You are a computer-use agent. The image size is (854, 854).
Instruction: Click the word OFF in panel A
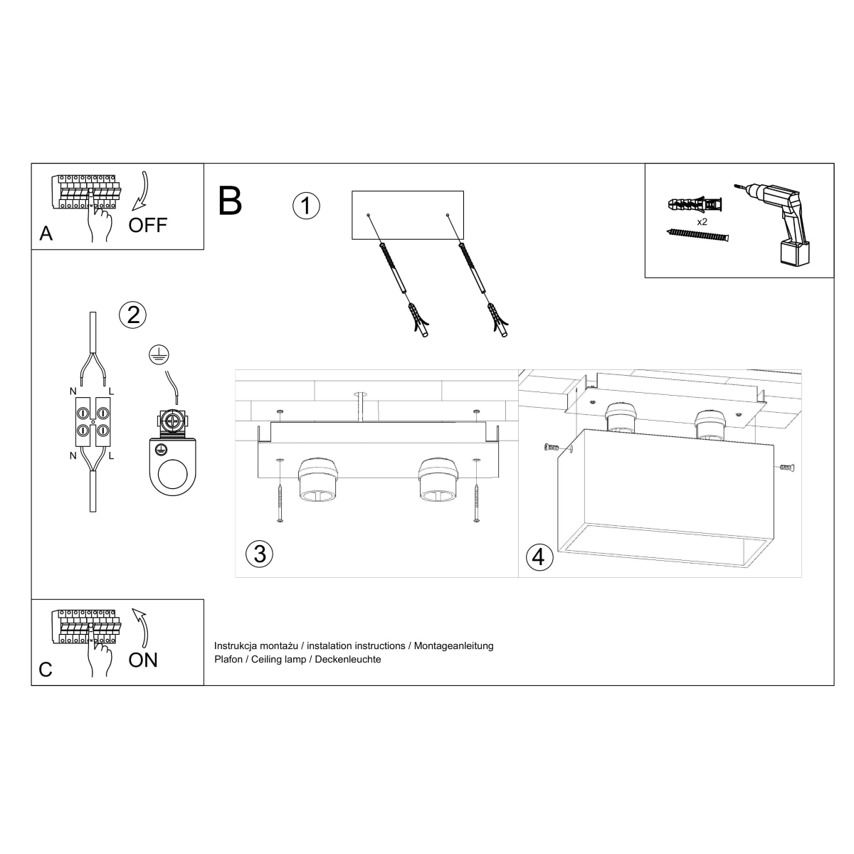[x=147, y=225]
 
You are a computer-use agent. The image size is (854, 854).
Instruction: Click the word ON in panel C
[x=143, y=660]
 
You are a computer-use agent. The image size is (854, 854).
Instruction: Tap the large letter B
[x=231, y=201]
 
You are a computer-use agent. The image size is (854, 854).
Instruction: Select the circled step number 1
[x=306, y=206]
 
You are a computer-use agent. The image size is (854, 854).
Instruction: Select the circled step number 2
[x=133, y=314]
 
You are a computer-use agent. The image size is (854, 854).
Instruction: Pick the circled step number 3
[x=259, y=554]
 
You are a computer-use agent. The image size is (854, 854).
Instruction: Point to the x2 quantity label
[x=702, y=222]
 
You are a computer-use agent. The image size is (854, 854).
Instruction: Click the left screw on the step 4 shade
[x=551, y=448]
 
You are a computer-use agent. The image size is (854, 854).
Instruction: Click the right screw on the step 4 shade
[x=786, y=468]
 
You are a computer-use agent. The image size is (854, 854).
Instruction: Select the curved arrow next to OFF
[x=142, y=190]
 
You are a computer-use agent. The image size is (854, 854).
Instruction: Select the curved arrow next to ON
[x=140, y=625]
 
